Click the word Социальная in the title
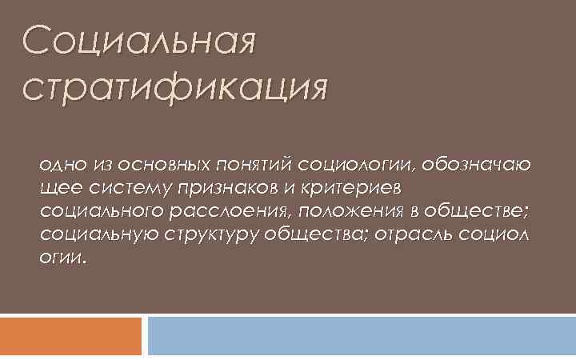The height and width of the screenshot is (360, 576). pyautogui.click(x=141, y=41)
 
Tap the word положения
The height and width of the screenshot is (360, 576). pyautogui.click(x=335, y=212)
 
